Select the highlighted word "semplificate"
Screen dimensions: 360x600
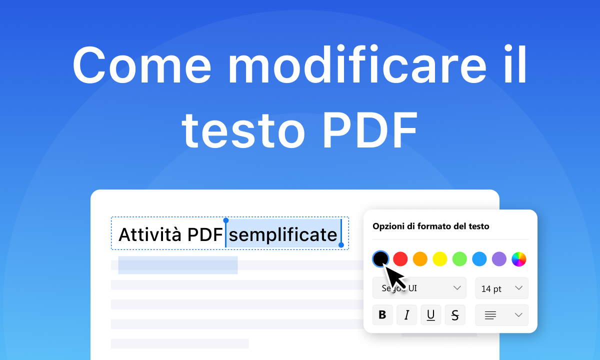click(283, 234)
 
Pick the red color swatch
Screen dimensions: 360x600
click(400, 258)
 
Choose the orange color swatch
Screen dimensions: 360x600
click(420, 258)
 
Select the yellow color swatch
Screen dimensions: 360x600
click(439, 258)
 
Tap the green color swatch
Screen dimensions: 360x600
click(459, 258)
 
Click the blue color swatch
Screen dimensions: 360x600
click(479, 258)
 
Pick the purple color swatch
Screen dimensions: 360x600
click(499, 258)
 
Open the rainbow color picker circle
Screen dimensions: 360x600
click(519, 258)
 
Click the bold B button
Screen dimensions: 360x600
click(382, 315)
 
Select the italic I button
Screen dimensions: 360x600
click(406, 315)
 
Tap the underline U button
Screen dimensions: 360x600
click(430, 315)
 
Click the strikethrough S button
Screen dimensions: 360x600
click(455, 315)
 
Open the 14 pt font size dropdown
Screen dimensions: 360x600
click(501, 288)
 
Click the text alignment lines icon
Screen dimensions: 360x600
click(490, 315)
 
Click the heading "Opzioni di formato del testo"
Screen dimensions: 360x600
click(430, 226)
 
